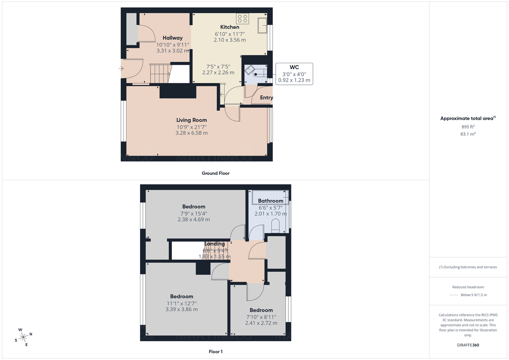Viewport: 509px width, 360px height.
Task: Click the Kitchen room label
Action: point(229,27)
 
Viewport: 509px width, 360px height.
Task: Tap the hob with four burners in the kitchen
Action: point(243,18)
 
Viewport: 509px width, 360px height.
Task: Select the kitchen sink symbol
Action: point(261,25)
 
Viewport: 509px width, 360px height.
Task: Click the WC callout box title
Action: point(294,67)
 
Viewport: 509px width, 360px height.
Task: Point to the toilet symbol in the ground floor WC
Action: point(255,73)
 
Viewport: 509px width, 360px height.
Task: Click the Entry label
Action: point(266,98)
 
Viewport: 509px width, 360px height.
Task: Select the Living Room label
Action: point(192,120)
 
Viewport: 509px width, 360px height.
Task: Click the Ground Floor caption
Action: point(216,173)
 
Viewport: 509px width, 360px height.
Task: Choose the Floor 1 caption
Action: point(215,352)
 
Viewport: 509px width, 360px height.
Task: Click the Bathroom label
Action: point(271,201)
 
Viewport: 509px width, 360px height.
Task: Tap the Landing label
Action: point(215,244)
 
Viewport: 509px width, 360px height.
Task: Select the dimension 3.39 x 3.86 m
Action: point(182,309)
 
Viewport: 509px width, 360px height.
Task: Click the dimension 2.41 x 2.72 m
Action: point(261,323)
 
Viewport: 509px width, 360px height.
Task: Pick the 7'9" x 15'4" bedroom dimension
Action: point(193,214)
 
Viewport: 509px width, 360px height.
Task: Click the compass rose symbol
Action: point(23,337)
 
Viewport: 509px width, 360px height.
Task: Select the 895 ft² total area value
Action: point(468,127)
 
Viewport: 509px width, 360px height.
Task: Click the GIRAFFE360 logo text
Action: point(468,345)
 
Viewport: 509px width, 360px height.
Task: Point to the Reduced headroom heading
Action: point(468,287)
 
